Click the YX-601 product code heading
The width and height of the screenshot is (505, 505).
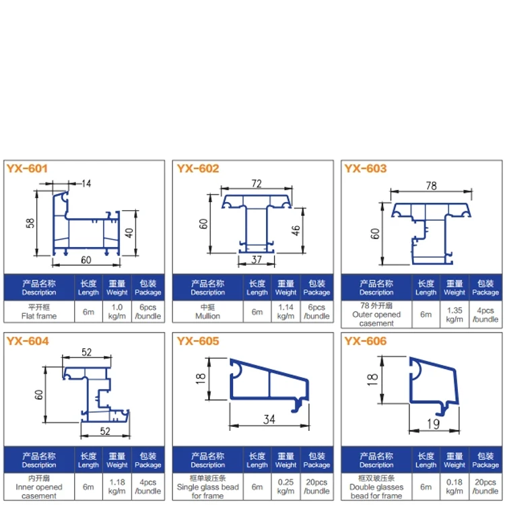[27, 168]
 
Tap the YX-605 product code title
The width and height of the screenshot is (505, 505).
[198, 341]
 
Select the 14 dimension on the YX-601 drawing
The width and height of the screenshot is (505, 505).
[86, 184]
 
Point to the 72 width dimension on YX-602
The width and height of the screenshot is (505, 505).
[257, 184]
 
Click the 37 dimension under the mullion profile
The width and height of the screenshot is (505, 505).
[257, 260]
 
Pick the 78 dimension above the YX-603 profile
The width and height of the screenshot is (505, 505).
[431, 186]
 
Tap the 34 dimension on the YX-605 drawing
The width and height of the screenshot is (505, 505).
[269, 419]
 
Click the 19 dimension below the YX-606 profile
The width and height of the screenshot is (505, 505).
[433, 424]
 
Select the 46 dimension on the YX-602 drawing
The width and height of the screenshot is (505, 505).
[296, 230]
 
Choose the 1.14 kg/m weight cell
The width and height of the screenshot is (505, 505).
[285, 312]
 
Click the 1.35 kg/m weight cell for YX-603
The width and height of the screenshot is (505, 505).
[454, 314]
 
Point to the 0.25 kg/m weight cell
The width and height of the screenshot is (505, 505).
[285, 487]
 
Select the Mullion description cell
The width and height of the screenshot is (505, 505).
[208, 312]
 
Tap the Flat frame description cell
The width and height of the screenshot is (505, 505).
[39, 312]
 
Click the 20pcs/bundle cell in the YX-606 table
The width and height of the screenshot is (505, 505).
[485, 487]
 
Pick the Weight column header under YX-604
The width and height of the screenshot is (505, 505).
[117, 461]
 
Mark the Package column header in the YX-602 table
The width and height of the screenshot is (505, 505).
[316, 288]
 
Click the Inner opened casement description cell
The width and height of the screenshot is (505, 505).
[39, 487]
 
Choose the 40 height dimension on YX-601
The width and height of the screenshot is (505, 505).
[129, 232]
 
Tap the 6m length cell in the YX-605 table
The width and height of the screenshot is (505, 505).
[257, 487]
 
